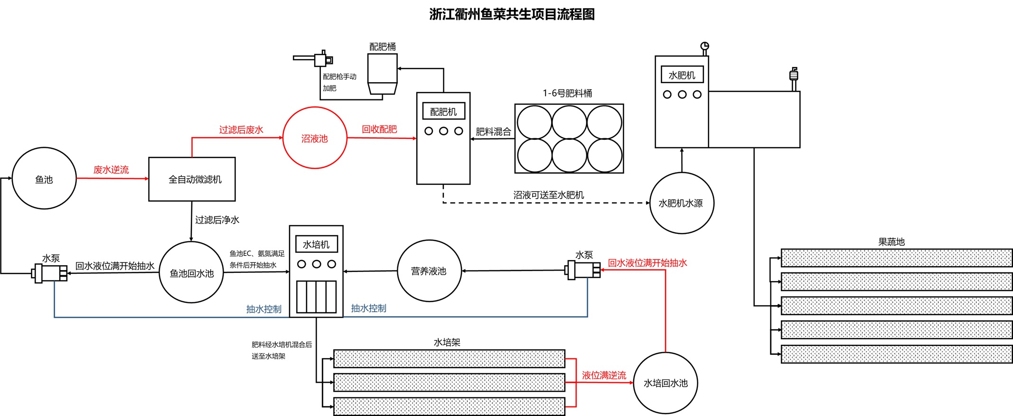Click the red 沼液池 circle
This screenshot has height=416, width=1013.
click(315, 138)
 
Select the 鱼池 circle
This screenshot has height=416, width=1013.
click(44, 179)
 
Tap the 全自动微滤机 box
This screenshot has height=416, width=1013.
click(192, 179)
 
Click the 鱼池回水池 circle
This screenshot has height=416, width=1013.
click(191, 272)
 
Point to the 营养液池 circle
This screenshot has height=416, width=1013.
click(429, 271)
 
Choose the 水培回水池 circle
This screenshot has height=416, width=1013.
click(665, 383)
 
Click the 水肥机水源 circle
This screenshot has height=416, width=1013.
click(681, 203)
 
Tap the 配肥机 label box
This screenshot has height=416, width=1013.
click(443, 112)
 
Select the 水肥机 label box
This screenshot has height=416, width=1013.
click(682, 75)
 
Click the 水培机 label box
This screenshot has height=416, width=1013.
click(316, 244)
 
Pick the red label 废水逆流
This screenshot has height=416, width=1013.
click(111, 170)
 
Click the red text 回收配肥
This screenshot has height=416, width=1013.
click(379, 129)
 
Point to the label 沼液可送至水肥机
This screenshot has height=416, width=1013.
click(548, 195)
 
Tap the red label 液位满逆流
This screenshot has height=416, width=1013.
click(604, 375)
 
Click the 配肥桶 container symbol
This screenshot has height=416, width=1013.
click(382, 74)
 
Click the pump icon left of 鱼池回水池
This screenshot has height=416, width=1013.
click(49, 273)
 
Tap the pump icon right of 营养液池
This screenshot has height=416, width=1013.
click(582, 270)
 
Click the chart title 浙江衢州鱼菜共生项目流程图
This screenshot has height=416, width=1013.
click(512, 14)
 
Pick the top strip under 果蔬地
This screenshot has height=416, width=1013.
click(896, 258)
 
